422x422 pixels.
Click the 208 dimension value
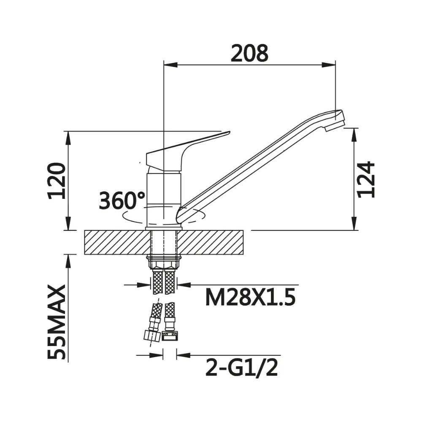pyautogui.click(x=249, y=53)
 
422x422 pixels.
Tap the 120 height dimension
pyautogui.click(x=57, y=181)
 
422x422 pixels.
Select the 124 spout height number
pyautogui.click(x=365, y=179)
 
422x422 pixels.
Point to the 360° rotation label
pyautogui.click(x=122, y=200)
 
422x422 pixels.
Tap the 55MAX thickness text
pyautogui.click(x=57, y=322)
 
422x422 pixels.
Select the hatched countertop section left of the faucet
pyautogui.click(x=117, y=242)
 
